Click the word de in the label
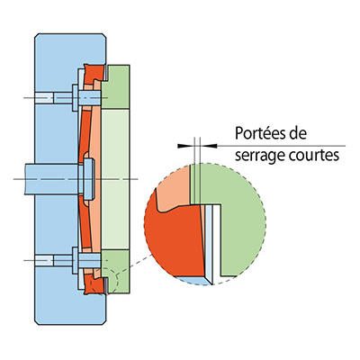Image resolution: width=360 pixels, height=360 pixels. pyautogui.click(x=300, y=134)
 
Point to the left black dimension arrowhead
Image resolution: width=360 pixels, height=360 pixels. pyautogui.click(x=184, y=146)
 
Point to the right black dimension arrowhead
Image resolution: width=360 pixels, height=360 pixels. pyautogui.click(x=209, y=146)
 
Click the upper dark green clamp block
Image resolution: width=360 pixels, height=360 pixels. pyautogui.click(x=116, y=86)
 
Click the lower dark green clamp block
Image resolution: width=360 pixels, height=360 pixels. pyautogui.click(x=116, y=272)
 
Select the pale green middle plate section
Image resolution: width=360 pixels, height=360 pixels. pyautogui.click(x=116, y=179)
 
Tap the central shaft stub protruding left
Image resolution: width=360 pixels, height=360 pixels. pyautogui.click(x=51, y=179)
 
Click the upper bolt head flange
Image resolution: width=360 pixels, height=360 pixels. pyautogui.click(x=75, y=98)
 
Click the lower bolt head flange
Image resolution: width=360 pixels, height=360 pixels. pyautogui.click(x=75, y=260)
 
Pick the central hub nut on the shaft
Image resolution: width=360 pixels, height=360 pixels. pyautogui.click(x=89, y=179)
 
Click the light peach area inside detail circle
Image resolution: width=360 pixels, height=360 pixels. pyautogui.click(x=174, y=189)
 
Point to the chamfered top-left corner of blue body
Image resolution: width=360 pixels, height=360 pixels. pyautogui.click(x=36, y=36)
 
